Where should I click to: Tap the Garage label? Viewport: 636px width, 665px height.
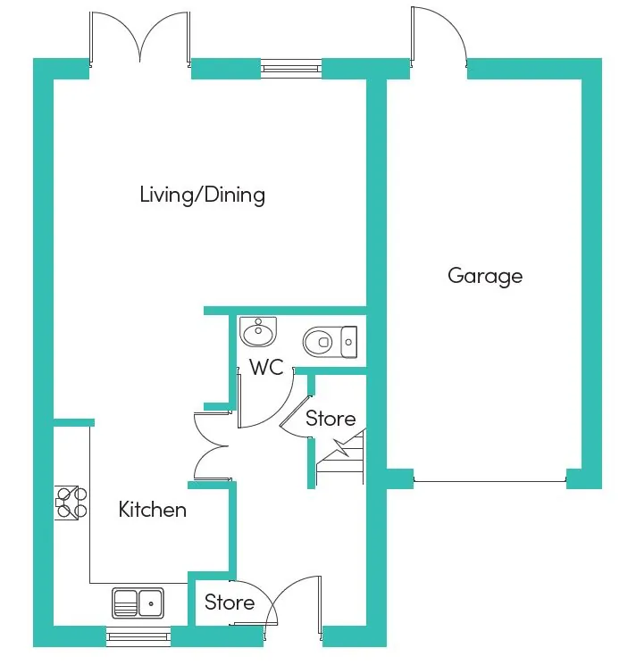tap(485, 277)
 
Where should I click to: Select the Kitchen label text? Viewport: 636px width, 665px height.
tap(153, 510)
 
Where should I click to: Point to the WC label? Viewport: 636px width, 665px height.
tap(266, 367)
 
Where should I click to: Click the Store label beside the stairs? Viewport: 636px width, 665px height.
tap(331, 419)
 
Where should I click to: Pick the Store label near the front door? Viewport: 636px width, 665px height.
tap(230, 603)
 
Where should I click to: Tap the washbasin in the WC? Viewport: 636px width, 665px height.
tap(258, 331)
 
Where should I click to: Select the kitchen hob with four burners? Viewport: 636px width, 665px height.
tap(71, 503)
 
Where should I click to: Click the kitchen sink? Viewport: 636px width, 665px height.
tap(138, 603)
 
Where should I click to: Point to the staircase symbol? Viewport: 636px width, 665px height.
tap(340, 457)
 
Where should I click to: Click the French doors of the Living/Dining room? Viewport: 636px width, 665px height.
tap(140, 38)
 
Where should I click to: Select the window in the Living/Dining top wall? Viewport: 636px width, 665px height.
tap(291, 68)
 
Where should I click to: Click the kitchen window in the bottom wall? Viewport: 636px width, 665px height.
tap(138, 636)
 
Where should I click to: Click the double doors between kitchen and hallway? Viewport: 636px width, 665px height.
tap(211, 446)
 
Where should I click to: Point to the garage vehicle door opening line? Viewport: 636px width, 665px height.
tap(490, 481)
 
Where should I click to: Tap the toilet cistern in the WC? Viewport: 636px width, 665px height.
tap(349, 342)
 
